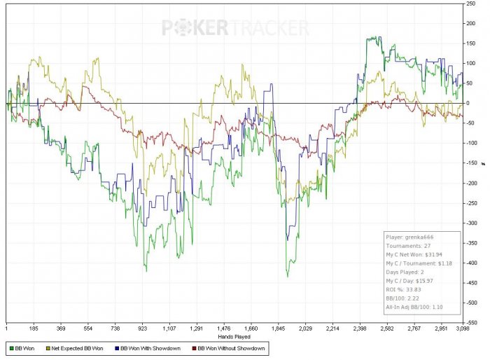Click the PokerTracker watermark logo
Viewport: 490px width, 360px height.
pyautogui.click(x=235, y=27)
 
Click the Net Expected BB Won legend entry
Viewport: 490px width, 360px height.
pyautogui.click(x=78, y=347)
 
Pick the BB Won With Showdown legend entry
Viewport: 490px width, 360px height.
pyautogui.click(x=150, y=347)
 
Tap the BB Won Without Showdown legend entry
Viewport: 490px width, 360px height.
pyautogui.click(x=230, y=347)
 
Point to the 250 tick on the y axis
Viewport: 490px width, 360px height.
pyautogui.click(x=471, y=4)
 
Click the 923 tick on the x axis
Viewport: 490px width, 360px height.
pyautogui.click(x=142, y=328)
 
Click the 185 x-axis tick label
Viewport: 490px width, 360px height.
pyautogui.click(x=33, y=328)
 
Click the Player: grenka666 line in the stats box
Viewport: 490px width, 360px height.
pyautogui.click(x=412, y=237)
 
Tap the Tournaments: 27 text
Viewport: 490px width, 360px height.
pyautogui.click(x=408, y=246)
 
